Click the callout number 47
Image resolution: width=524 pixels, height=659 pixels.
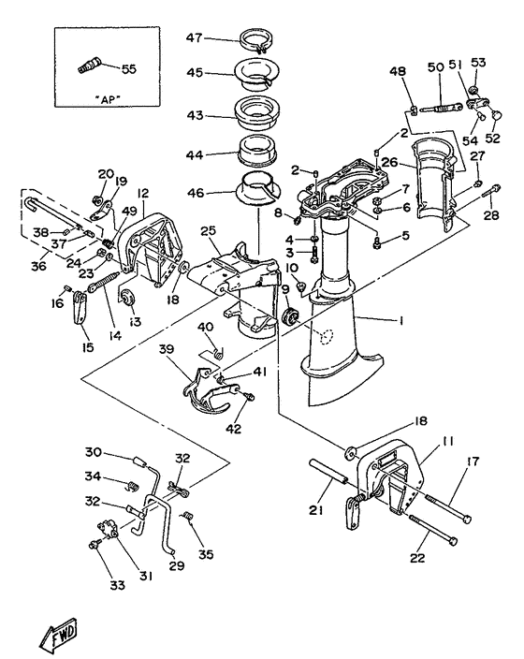[x=193, y=40]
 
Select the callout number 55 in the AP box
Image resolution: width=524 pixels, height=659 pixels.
[x=128, y=68]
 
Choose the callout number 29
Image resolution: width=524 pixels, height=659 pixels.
[x=176, y=566]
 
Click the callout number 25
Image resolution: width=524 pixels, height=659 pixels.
[x=208, y=230]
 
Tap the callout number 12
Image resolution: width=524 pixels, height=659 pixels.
[x=143, y=193]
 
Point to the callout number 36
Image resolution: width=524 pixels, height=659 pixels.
[x=37, y=265]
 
